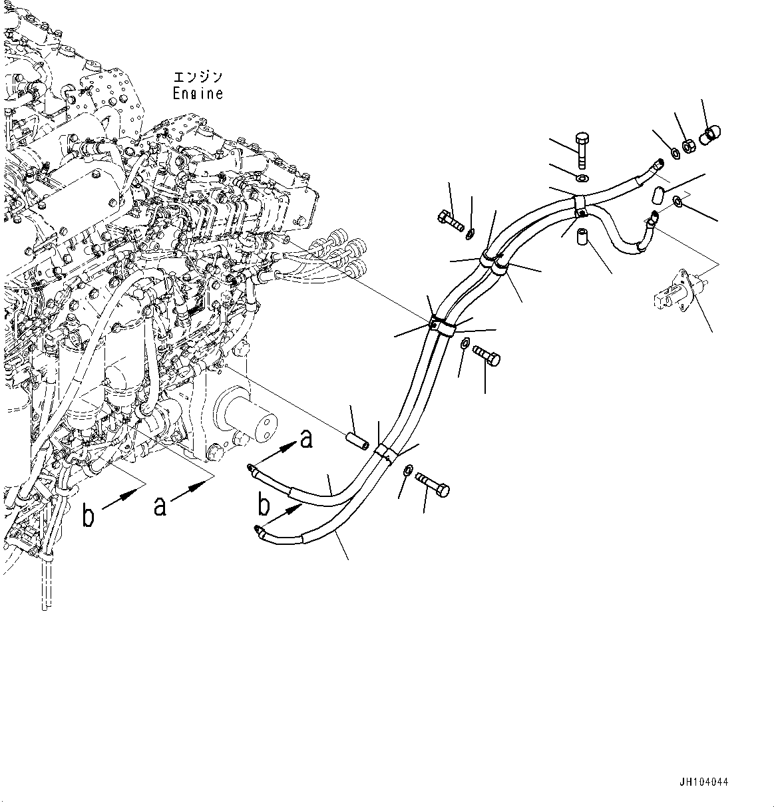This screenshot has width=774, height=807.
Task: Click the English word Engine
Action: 198,94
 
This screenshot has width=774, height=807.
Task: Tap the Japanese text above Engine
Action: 198,77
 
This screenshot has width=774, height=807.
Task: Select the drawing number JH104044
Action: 704,782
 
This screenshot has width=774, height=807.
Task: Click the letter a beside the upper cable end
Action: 305,439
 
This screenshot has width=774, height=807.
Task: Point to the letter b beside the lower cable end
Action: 265,506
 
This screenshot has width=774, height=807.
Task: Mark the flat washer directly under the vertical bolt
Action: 582,179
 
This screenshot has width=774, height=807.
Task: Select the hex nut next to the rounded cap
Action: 690,143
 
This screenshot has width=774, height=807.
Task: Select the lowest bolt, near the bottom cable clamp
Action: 433,483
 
